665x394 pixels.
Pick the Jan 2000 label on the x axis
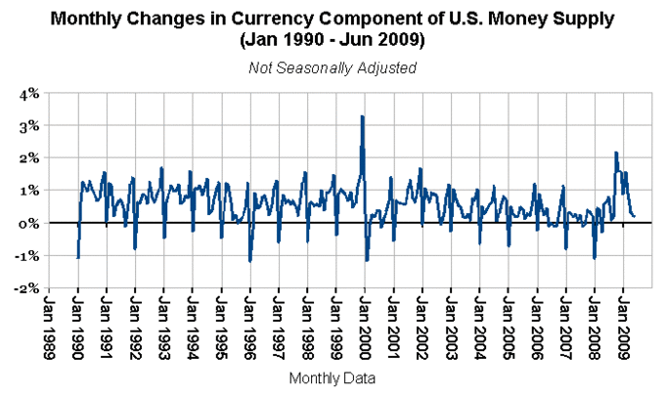point(364,328)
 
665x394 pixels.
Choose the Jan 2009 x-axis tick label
point(622,328)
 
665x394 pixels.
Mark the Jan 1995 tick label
point(221,328)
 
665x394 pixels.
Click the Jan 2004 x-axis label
point(479,328)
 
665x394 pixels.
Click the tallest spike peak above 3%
point(363,116)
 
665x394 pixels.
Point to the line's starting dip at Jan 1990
point(77,258)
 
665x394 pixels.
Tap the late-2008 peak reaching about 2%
point(615,153)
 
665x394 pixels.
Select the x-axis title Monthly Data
point(332,376)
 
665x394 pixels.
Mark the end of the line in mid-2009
point(635,215)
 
